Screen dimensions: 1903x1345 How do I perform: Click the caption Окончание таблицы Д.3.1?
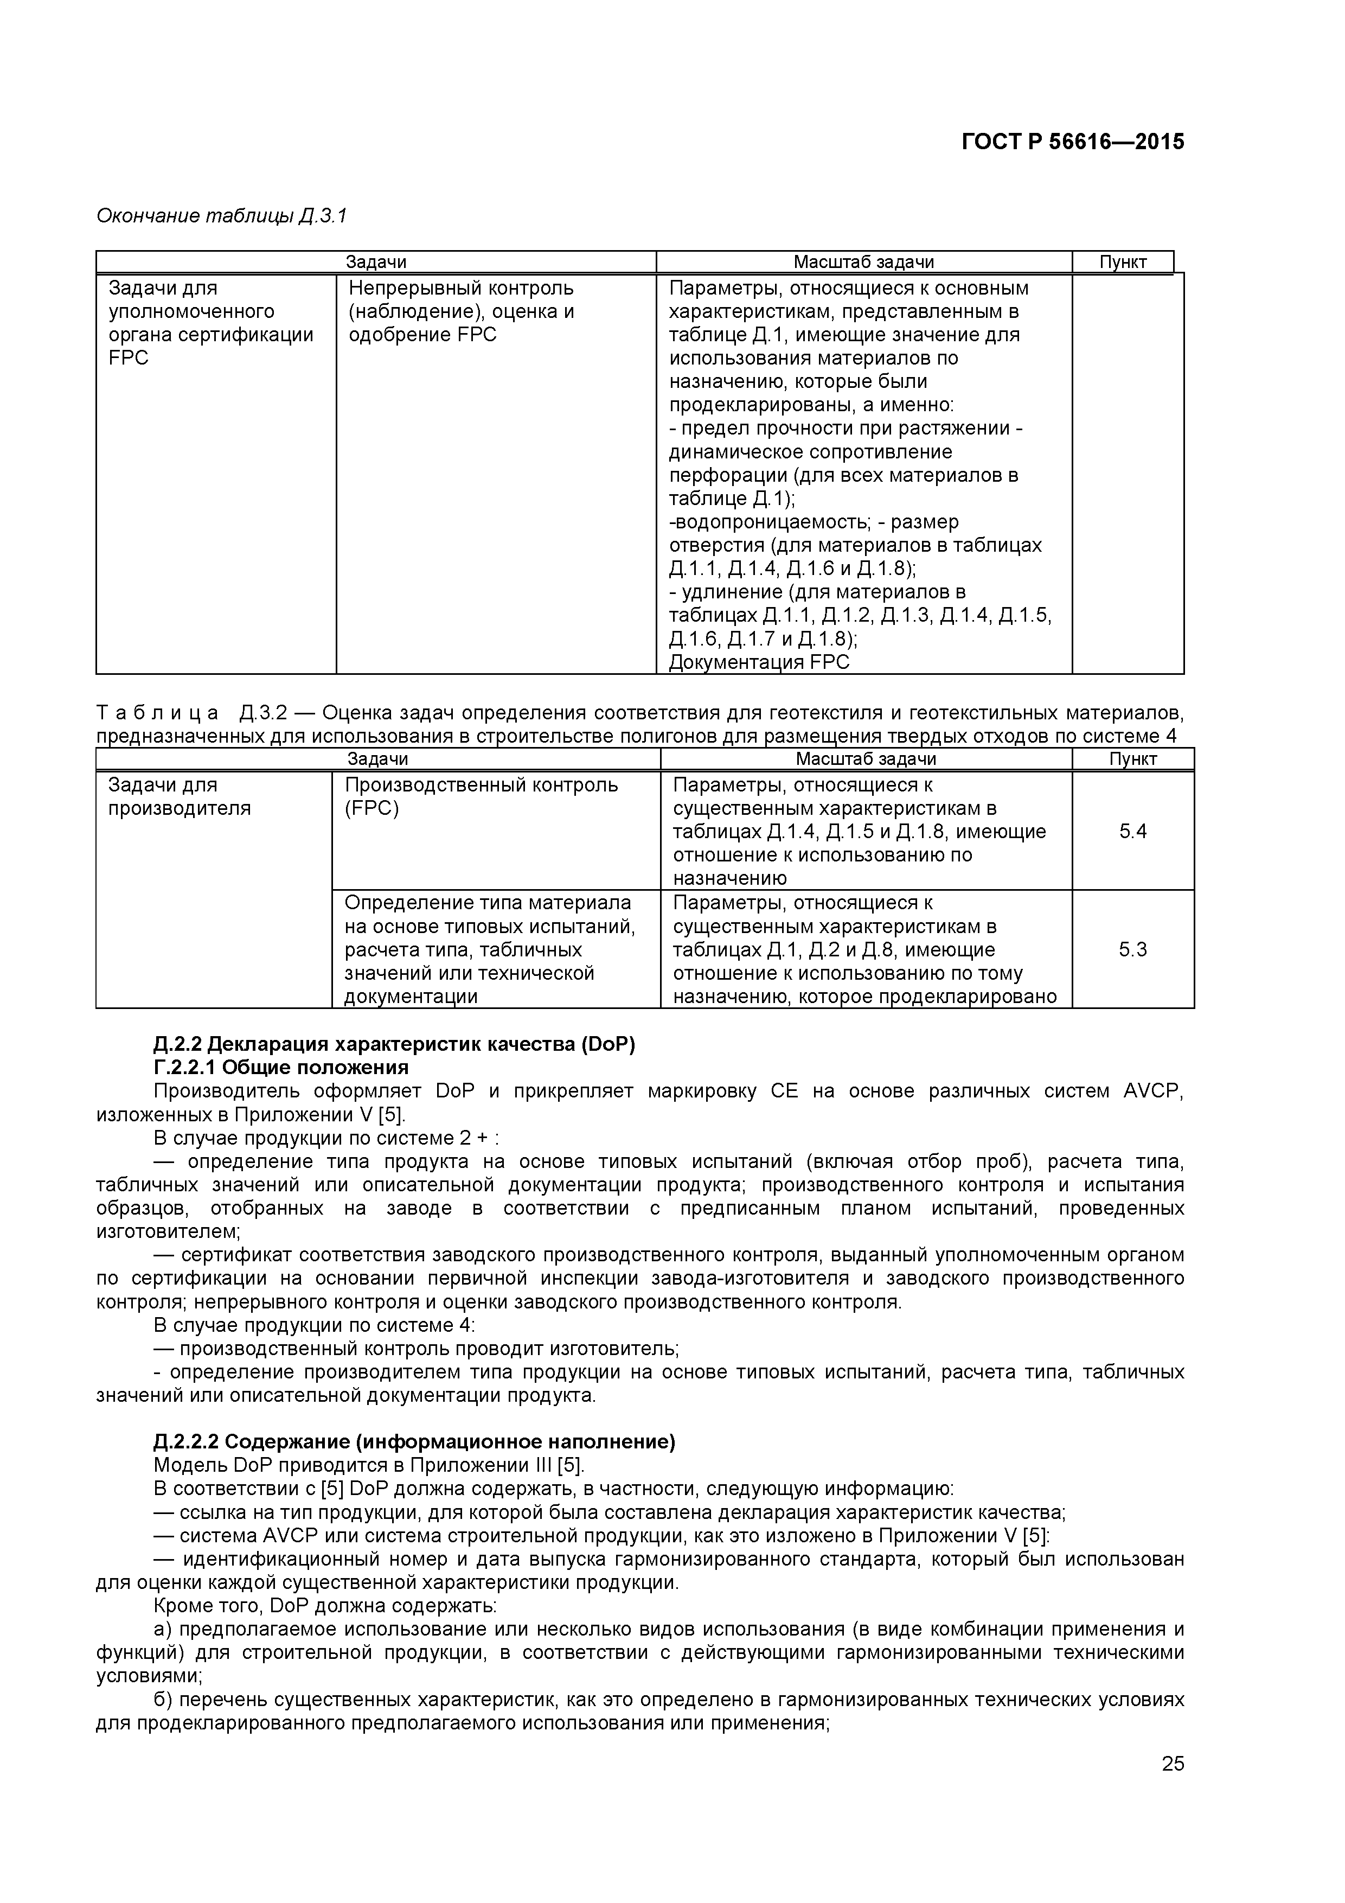(x=221, y=216)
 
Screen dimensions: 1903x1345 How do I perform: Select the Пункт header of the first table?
(x=1122, y=263)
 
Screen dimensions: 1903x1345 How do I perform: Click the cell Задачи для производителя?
(x=180, y=796)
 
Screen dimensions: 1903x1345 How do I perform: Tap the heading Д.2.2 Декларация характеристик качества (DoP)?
(x=394, y=1044)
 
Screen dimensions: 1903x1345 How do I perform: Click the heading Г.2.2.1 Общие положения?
(x=281, y=1068)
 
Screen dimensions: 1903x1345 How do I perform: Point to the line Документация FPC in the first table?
(x=759, y=662)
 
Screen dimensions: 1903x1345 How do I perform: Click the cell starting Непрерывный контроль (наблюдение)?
(x=461, y=311)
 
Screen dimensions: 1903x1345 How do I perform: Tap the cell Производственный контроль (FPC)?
(x=481, y=796)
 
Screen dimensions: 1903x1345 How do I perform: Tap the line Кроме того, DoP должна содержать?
(x=325, y=1605)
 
